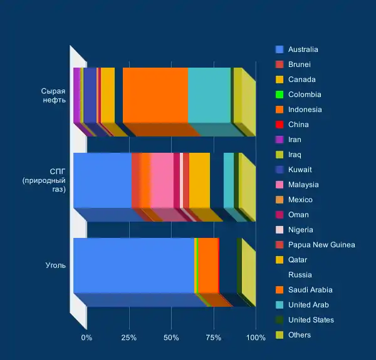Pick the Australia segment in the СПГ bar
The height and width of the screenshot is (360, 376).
pos(102,180)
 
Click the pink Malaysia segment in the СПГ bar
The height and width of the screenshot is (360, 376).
pos(162,180)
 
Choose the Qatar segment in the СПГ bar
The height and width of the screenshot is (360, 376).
pos(199,180)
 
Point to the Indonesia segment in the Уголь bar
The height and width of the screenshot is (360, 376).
pos(208,265)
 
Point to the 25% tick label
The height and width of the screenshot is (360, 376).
pos(129,338)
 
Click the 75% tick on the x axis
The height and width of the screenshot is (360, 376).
pos(214,338)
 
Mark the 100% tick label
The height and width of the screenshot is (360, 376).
pos(256,338)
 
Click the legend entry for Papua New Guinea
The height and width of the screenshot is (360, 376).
pos(321,245)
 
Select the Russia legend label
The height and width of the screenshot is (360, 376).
pos(300,275)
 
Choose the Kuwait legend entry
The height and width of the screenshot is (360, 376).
pos(300,170)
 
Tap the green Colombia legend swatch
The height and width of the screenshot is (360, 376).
pos(279,95)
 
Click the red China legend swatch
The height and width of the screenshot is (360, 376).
pos(279,125)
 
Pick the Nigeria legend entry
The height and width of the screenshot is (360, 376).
pos(301,230)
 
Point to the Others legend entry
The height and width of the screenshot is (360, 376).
pos(300,335)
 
